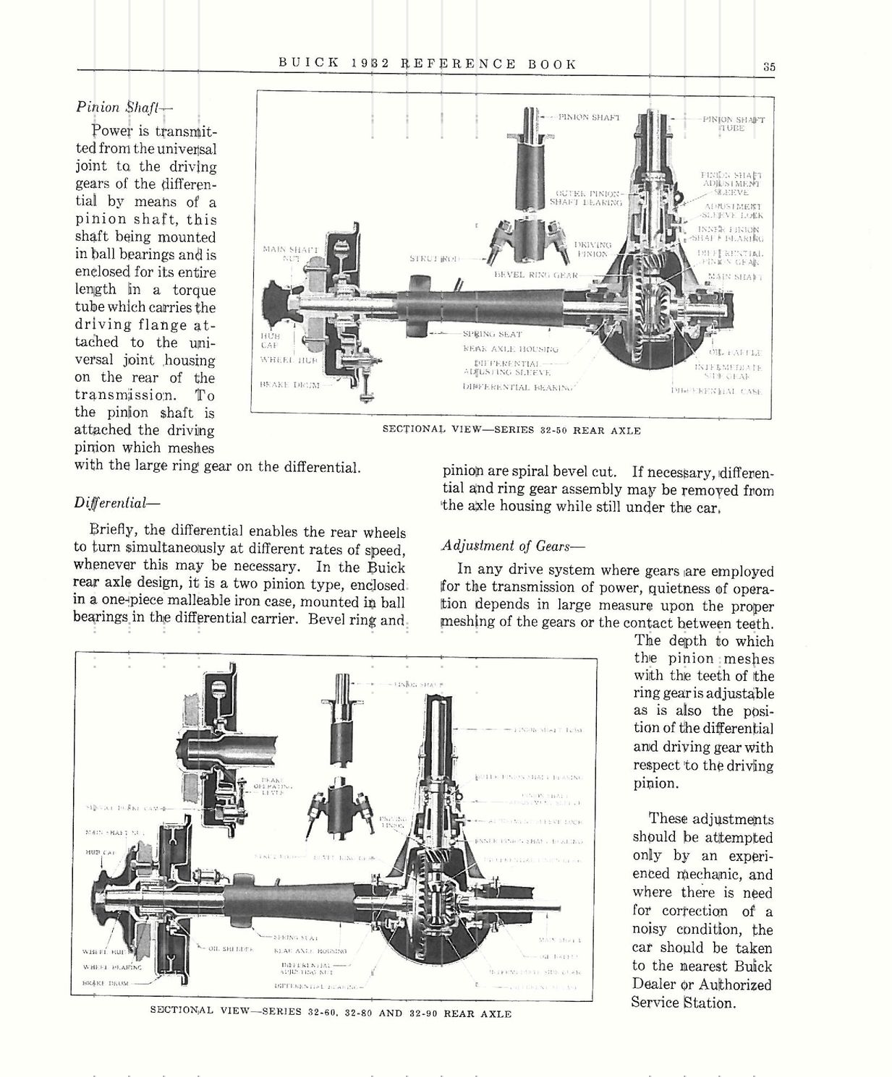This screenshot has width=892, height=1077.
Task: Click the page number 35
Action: pyautogui.click(x=768, y=66)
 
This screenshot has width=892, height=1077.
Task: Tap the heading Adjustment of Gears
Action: pyautogui.click(x=512, y=546)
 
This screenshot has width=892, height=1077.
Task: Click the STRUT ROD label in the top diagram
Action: pyautogui.click(x=433, y=257)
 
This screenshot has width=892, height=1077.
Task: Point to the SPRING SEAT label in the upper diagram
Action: pyautogui.click(x=492, y=335)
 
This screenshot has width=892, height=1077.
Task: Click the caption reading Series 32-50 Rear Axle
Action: pyautogui.click(x=511, y=430)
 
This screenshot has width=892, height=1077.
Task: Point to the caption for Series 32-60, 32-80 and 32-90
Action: pyautogui.click(x=330, y=1013)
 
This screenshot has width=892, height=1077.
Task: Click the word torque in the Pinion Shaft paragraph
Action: pyautogui.click(x=194, y=290)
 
